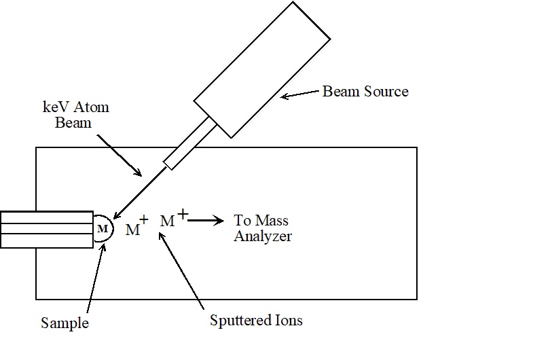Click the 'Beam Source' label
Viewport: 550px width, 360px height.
coord(365,91)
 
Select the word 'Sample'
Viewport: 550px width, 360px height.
coord(64,323)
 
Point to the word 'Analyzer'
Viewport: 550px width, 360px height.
coord(263,236)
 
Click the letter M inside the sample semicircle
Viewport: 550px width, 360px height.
coord(103,228)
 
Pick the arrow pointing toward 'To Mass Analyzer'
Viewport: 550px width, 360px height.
coord(206,221)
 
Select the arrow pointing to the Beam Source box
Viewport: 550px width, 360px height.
coord(299,96)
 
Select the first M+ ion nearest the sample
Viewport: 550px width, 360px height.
coord(136,229)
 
